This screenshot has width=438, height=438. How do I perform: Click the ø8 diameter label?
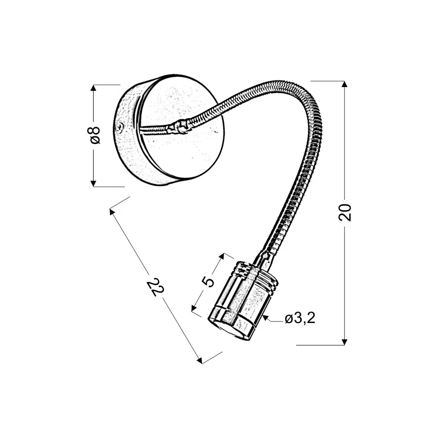[x=95, y=135]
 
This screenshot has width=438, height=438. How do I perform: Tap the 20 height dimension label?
[x=345, y=212]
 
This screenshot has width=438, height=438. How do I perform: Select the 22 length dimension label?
[x=155, y=287]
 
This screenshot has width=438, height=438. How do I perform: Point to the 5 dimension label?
[x=209, y=281]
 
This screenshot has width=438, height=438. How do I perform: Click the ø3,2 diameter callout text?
[x=300, y=318]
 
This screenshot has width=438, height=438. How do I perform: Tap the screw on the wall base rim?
[x=120, y=128]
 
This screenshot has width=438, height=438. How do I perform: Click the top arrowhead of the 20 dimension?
[x=344, y=84]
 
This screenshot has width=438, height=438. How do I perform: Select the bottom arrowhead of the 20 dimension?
[x=344, y=342]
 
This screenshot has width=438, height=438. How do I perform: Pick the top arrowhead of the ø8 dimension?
[x=93, y=88]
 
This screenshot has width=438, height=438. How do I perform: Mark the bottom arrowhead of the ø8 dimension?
[x=93, y=183]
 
